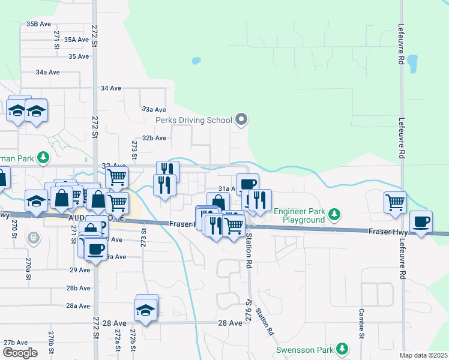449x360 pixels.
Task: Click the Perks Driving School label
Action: click(193, 120)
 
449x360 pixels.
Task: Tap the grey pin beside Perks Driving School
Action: click(241, 120)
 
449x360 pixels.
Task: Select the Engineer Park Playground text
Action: click(299, 215)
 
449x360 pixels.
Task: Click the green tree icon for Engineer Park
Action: click(335, 214)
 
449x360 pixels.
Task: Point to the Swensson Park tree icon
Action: click(342, 348)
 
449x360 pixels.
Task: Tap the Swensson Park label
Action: click(304, 350)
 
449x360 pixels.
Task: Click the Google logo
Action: click(20, 353)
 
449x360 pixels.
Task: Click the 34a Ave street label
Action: click(48, 72)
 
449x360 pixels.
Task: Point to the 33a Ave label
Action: click(154, 110)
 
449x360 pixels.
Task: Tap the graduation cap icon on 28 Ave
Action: click(146, 308)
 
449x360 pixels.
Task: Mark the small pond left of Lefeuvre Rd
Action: click(412, 64)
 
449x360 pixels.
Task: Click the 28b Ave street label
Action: click(79, 289)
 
